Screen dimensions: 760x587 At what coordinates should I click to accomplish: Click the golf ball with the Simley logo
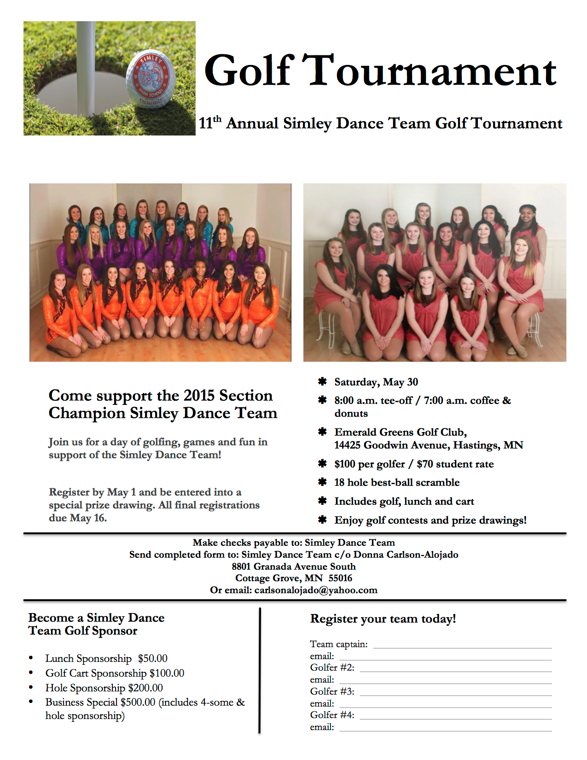151,79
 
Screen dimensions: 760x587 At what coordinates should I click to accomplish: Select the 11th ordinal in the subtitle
210,123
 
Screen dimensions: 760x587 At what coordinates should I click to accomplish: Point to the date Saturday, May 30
376,382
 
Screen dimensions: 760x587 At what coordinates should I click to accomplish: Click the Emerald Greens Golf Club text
401,432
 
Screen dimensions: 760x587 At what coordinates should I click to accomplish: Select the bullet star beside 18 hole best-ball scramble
323,482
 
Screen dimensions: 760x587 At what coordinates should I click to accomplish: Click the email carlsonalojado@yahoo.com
316,590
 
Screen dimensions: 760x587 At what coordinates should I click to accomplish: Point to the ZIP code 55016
340,578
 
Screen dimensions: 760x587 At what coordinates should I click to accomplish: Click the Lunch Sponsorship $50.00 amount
152,659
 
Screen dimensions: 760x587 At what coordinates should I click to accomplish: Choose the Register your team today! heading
383,619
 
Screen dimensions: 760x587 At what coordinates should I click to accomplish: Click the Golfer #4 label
332,715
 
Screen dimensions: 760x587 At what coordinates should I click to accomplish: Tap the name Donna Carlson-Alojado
406,555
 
